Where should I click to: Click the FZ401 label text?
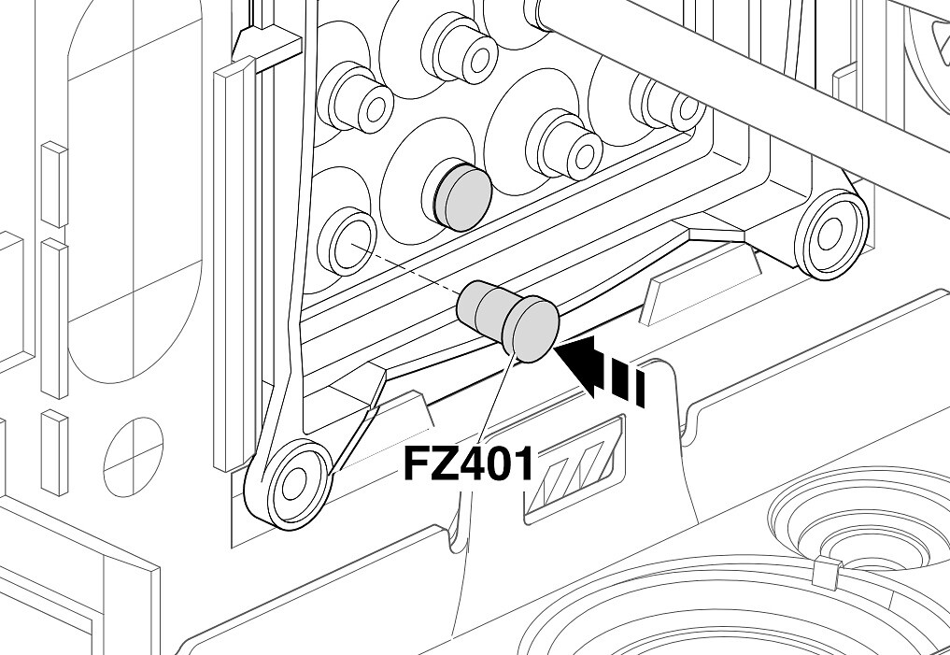tap(468, 463)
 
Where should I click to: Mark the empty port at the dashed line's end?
tap(347, 242)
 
